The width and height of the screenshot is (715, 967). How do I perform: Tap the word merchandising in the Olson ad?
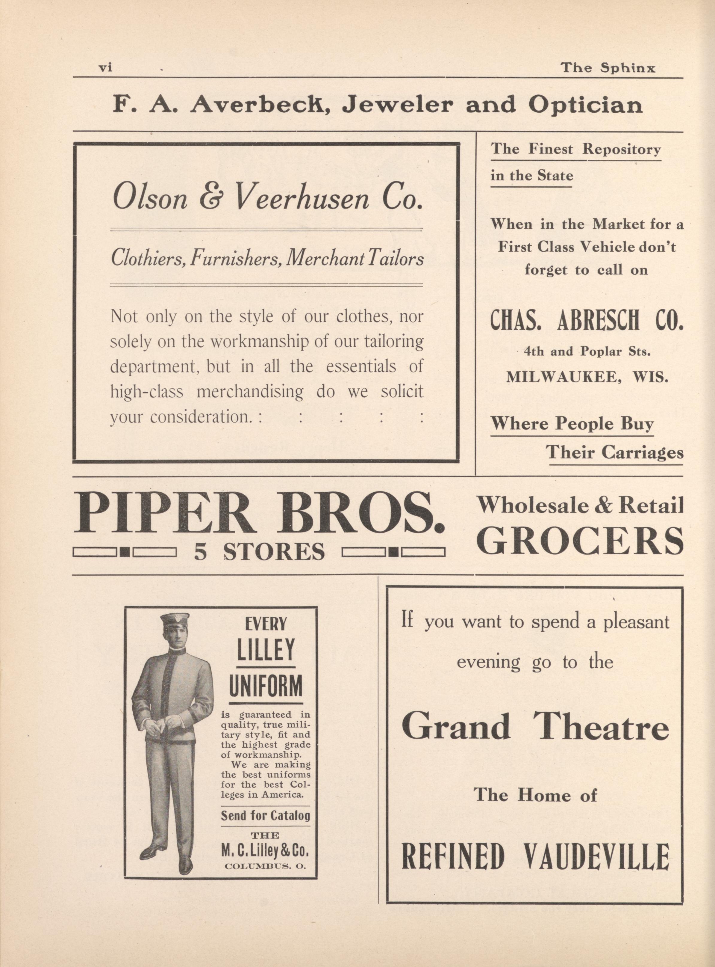(x=250, y=392)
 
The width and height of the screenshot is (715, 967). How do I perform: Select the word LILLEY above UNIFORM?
(x=266, y=650)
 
